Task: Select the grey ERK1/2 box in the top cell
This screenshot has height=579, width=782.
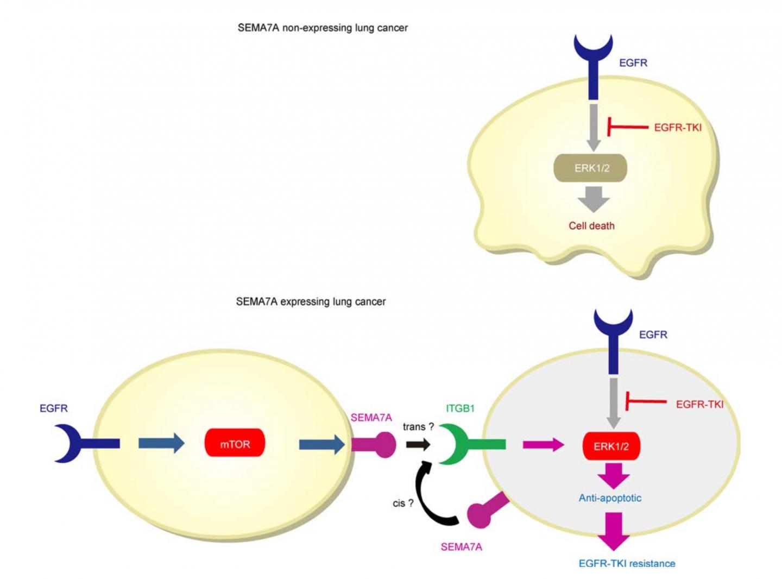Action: pyautogui.click(x=590, y=168)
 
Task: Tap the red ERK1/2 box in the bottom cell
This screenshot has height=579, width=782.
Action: pyautogui.click(x=611, y=446)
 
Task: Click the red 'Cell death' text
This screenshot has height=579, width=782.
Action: pyautogui.click(x=591, y=225)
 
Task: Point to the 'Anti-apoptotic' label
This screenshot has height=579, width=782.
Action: pyautogui.click(x=609, y=498)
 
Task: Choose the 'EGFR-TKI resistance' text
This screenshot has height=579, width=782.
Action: pyautogui.click(x=627, y=563)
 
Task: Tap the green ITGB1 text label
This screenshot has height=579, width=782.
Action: pyautogui.click(x=460, y=408)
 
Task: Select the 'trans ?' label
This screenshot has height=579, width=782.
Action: pyautogui.click(x=418, y=427)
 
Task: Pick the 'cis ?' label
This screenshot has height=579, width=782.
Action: pyautogui.click(x=403, y=503)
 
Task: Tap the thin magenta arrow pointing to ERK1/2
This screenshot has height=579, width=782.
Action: pyautogui.click(x=544, y=445)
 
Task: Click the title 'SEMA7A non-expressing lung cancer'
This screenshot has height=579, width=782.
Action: pyautogui.click(x=323, y=28)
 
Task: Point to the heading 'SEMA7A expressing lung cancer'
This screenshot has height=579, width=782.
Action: pyautogui.click(x=311, y=301)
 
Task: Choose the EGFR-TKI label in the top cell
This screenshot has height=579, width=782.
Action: pyautogui.click(x=677, y=128)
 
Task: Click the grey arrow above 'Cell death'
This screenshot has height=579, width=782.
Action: pyautogui.click(x=594, y=199)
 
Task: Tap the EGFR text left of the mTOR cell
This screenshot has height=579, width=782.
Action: pyautogui.click(x=54, y=408)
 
